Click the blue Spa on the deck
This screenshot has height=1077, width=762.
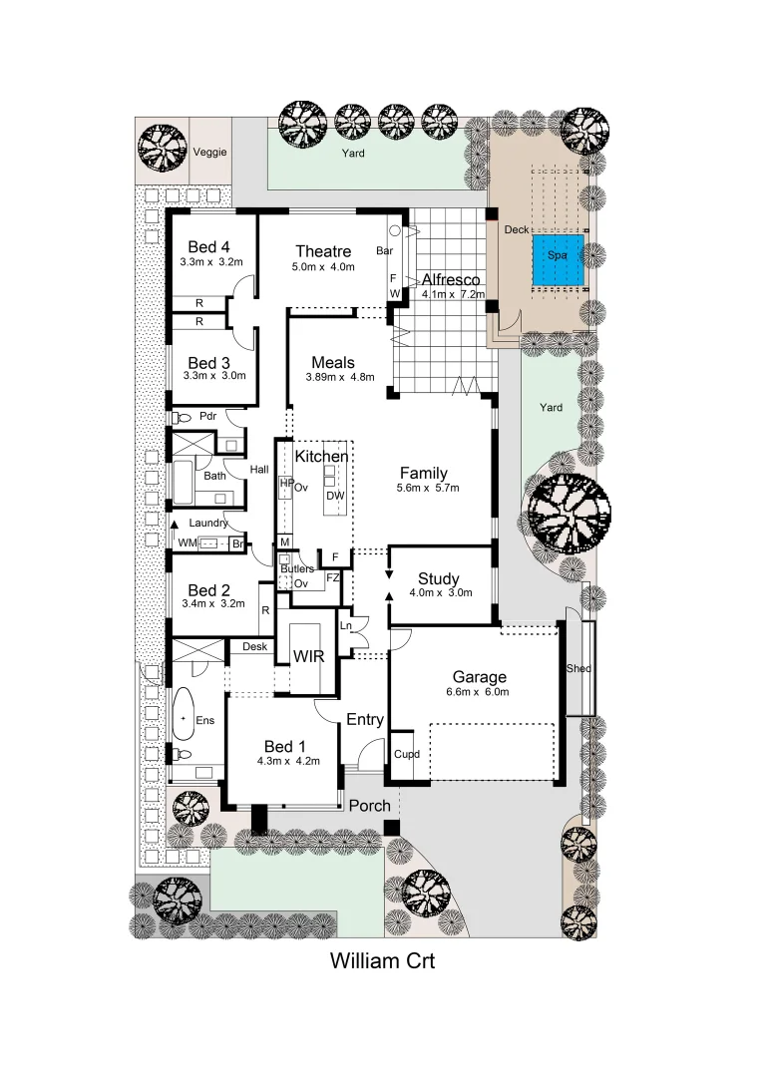coord(557,255)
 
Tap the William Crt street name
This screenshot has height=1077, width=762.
coord(382,963)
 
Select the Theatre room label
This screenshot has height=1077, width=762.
coord(323,250)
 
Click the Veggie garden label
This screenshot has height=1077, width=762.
coord(210,153)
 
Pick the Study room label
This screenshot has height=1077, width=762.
coord(438,579)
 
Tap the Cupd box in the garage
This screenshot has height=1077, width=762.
coord(406,755)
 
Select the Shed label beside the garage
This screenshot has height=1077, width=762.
coord(578,668)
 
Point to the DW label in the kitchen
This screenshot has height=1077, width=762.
coord(335,496)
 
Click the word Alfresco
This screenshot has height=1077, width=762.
coord(451,280)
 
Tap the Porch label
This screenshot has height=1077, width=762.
coord(369,805)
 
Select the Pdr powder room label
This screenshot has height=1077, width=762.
coord(208,416)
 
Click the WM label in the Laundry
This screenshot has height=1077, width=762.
coord(187,542)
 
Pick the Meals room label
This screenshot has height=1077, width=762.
coord(333,362)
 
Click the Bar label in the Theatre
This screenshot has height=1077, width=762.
coord(384,251)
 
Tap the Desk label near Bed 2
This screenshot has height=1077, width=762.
coord(255,647)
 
